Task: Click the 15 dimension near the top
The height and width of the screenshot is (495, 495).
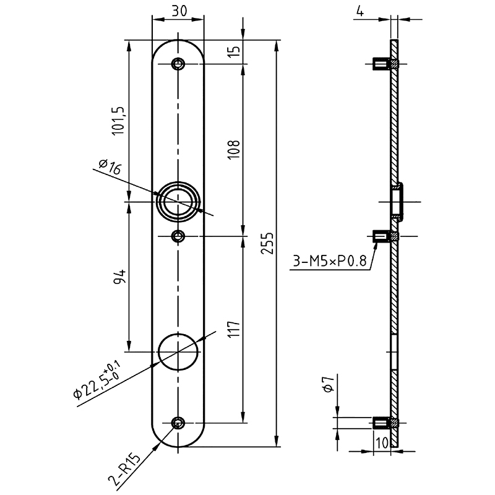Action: [235, 53]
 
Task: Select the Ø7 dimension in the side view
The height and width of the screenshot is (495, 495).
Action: [329, 389]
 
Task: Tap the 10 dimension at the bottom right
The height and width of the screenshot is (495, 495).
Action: [381, 443]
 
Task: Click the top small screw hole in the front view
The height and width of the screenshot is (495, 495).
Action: [179, 64]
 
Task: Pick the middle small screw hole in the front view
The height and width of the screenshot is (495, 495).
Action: [179, 236]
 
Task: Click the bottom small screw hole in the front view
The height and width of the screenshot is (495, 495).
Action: [179, 423]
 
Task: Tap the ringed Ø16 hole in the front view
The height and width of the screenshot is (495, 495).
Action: [179, 202]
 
